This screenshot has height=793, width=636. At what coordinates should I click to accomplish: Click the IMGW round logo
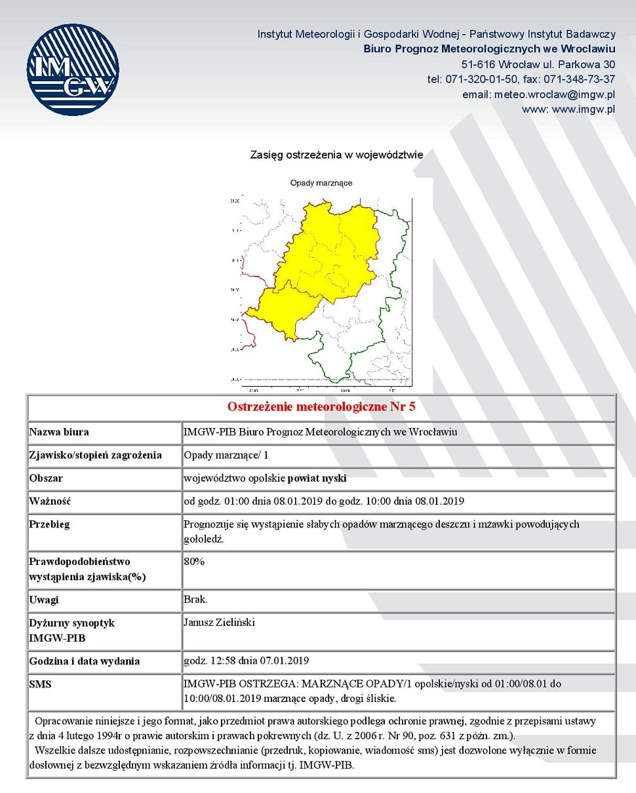(x=73, y=69)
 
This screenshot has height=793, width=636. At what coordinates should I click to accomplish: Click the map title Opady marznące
(x=321, y=183)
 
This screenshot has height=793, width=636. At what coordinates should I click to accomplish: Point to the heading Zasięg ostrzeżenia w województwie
(x=336, y=155)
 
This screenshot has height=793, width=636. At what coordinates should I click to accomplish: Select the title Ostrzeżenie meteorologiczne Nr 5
(x=321, y=406)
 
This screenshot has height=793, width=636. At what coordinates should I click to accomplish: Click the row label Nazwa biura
(x=59, y=432)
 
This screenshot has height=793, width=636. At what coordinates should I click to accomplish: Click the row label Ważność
(x=49, y=501)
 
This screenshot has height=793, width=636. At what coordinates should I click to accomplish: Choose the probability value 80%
(x=195, y=562)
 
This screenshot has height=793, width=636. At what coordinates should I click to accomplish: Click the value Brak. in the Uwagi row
(x=196, y=600)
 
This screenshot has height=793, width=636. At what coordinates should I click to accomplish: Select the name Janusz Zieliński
(x=219, y=623)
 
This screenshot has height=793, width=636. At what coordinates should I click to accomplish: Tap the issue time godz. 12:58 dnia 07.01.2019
(x=247, y=661)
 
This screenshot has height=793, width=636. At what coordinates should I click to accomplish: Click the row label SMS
(x=40, y=684)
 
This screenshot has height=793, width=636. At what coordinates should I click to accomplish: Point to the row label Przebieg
(x=50, y=524)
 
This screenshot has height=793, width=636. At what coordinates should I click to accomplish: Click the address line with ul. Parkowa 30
(x=538, y=64)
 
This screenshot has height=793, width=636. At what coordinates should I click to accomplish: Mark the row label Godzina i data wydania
(x=85, y=661)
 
